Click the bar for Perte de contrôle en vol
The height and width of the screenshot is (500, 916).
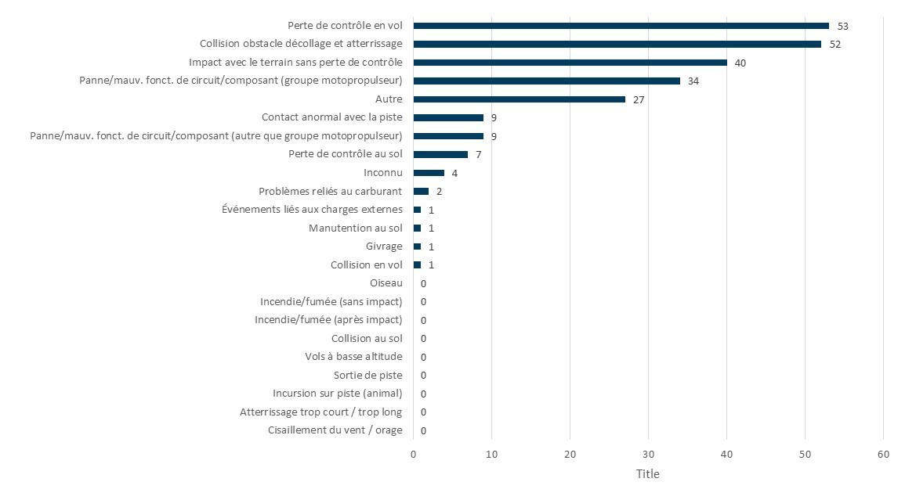coord(621,26)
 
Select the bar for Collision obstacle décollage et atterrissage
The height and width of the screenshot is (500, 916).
coord(617,44)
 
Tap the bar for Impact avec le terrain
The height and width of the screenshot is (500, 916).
coord(570,63)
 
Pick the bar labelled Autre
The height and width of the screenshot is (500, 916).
coord(519,99)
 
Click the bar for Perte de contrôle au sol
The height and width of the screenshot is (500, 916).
coord(440,154)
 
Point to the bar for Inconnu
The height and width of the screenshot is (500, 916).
coord(429,173)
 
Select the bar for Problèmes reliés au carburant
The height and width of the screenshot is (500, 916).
coord(421,191)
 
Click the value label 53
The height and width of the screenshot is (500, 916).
coord(842,26)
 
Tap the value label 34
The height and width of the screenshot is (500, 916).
coord(693,81)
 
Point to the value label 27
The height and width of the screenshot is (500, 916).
coord(639,99)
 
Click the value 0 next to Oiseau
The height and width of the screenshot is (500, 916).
coord(423,283)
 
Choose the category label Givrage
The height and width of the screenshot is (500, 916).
coord(384,246)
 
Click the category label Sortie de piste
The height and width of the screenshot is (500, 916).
coord(367,375)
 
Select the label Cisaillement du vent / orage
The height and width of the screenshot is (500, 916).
coord(335,430)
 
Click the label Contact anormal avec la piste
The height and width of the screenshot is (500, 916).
coord(332,117)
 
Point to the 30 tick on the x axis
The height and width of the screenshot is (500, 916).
coord(648,455)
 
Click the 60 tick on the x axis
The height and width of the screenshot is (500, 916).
coord(883,455)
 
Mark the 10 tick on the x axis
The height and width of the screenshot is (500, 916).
coord(491,455)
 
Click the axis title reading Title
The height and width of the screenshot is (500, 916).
coord(647,474)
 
